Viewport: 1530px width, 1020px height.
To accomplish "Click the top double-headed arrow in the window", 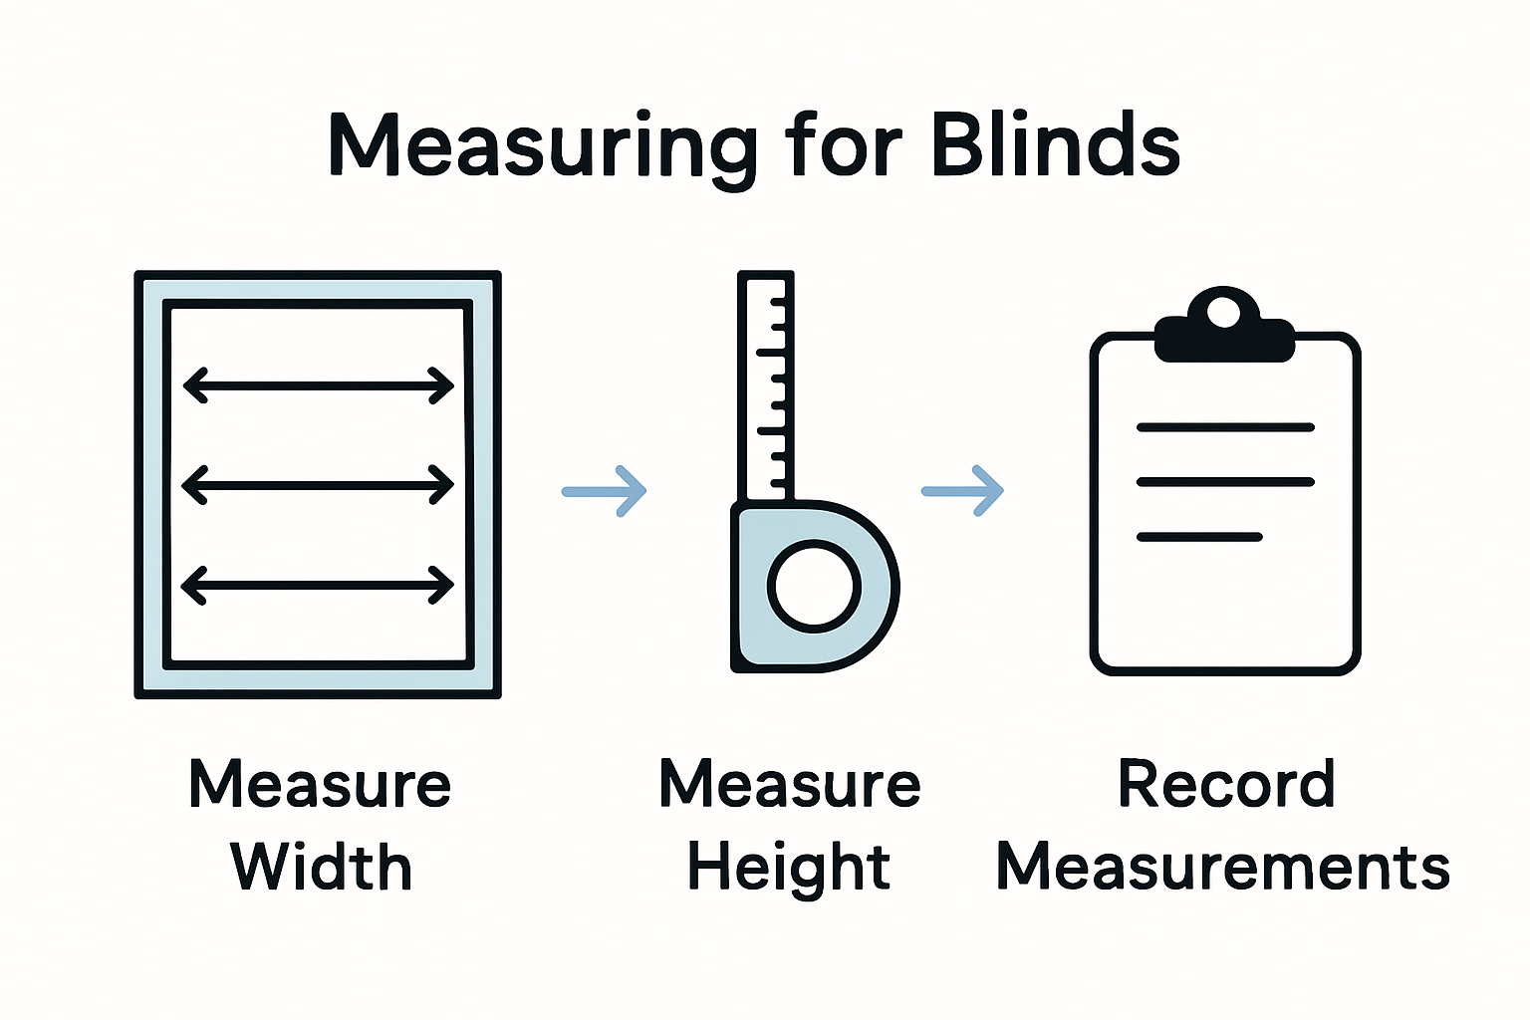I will [319, 385].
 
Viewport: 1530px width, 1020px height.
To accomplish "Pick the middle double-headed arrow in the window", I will [319, 485].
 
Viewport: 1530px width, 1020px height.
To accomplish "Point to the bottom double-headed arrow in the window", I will [319, 586].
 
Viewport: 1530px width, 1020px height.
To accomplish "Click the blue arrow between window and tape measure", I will [605, 491].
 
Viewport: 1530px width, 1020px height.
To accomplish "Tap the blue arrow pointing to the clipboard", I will [962, 491].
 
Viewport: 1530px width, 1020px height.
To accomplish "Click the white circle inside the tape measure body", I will [814, 586].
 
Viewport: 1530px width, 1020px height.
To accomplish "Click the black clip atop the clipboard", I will [1223, 329].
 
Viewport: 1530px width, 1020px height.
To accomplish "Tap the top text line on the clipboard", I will [1225, 427].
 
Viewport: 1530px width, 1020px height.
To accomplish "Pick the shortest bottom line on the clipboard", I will [1199, 537].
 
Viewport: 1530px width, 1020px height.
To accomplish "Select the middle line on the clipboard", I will [1225, 482].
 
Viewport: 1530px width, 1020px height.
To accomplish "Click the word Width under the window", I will [321, 867].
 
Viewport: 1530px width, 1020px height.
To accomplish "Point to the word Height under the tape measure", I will [789, 867].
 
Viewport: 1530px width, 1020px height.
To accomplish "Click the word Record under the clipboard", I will [1225, 784].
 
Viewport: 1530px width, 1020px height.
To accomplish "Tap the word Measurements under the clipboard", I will [1223, 867].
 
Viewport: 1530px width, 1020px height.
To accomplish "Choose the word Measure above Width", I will [320, 784].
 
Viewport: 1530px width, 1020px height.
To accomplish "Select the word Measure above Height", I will [790, 784].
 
